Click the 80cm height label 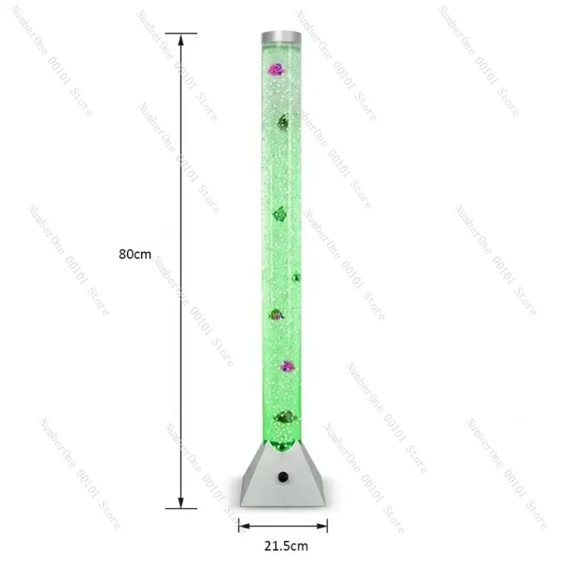tap(135, 254)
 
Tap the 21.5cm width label tap(283, 547)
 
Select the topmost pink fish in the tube tap(276, 69)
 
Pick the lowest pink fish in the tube tap(287, 366)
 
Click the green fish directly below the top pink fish tap(283, 123)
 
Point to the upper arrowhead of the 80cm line tap(181, 40)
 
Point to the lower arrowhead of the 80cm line tap(181, 502)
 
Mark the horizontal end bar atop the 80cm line tap(181, 33)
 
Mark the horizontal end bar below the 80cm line tap(181, 508)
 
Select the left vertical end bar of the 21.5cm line tap(238, 525)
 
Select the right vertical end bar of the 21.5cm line tap(327, 525)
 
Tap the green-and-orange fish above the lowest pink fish tap(276, 314)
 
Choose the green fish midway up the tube tap(279, 213)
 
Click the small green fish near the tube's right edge tap(296, 277)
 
